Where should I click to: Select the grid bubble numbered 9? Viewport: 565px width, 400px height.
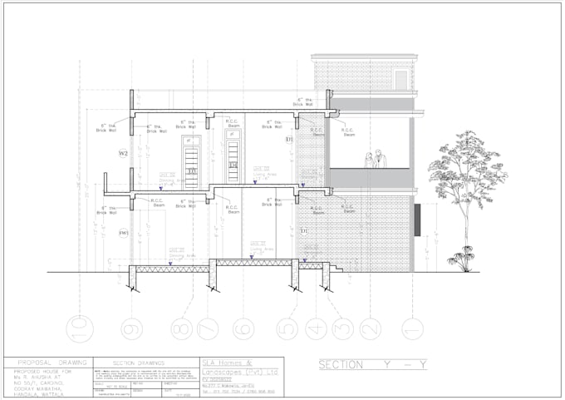coord(130,328)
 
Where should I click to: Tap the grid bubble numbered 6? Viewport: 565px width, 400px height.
coord(243,328)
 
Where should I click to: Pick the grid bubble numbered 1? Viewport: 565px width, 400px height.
coord(408,328)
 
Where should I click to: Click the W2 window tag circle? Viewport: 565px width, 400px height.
coord(123,154)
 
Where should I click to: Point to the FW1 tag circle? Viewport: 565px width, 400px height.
coord(123,233)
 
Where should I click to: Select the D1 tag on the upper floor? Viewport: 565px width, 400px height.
coord(289,140)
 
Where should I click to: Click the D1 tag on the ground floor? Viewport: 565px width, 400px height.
coord(304,230)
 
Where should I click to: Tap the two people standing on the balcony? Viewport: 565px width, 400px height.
coord(375,159)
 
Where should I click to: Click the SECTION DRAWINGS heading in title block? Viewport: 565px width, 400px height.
coord(138,363)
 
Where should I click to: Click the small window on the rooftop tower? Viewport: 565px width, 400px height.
coord(401,80)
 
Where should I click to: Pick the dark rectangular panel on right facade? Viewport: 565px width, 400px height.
coord(419,220)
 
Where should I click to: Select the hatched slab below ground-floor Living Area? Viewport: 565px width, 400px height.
coord(253,262)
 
